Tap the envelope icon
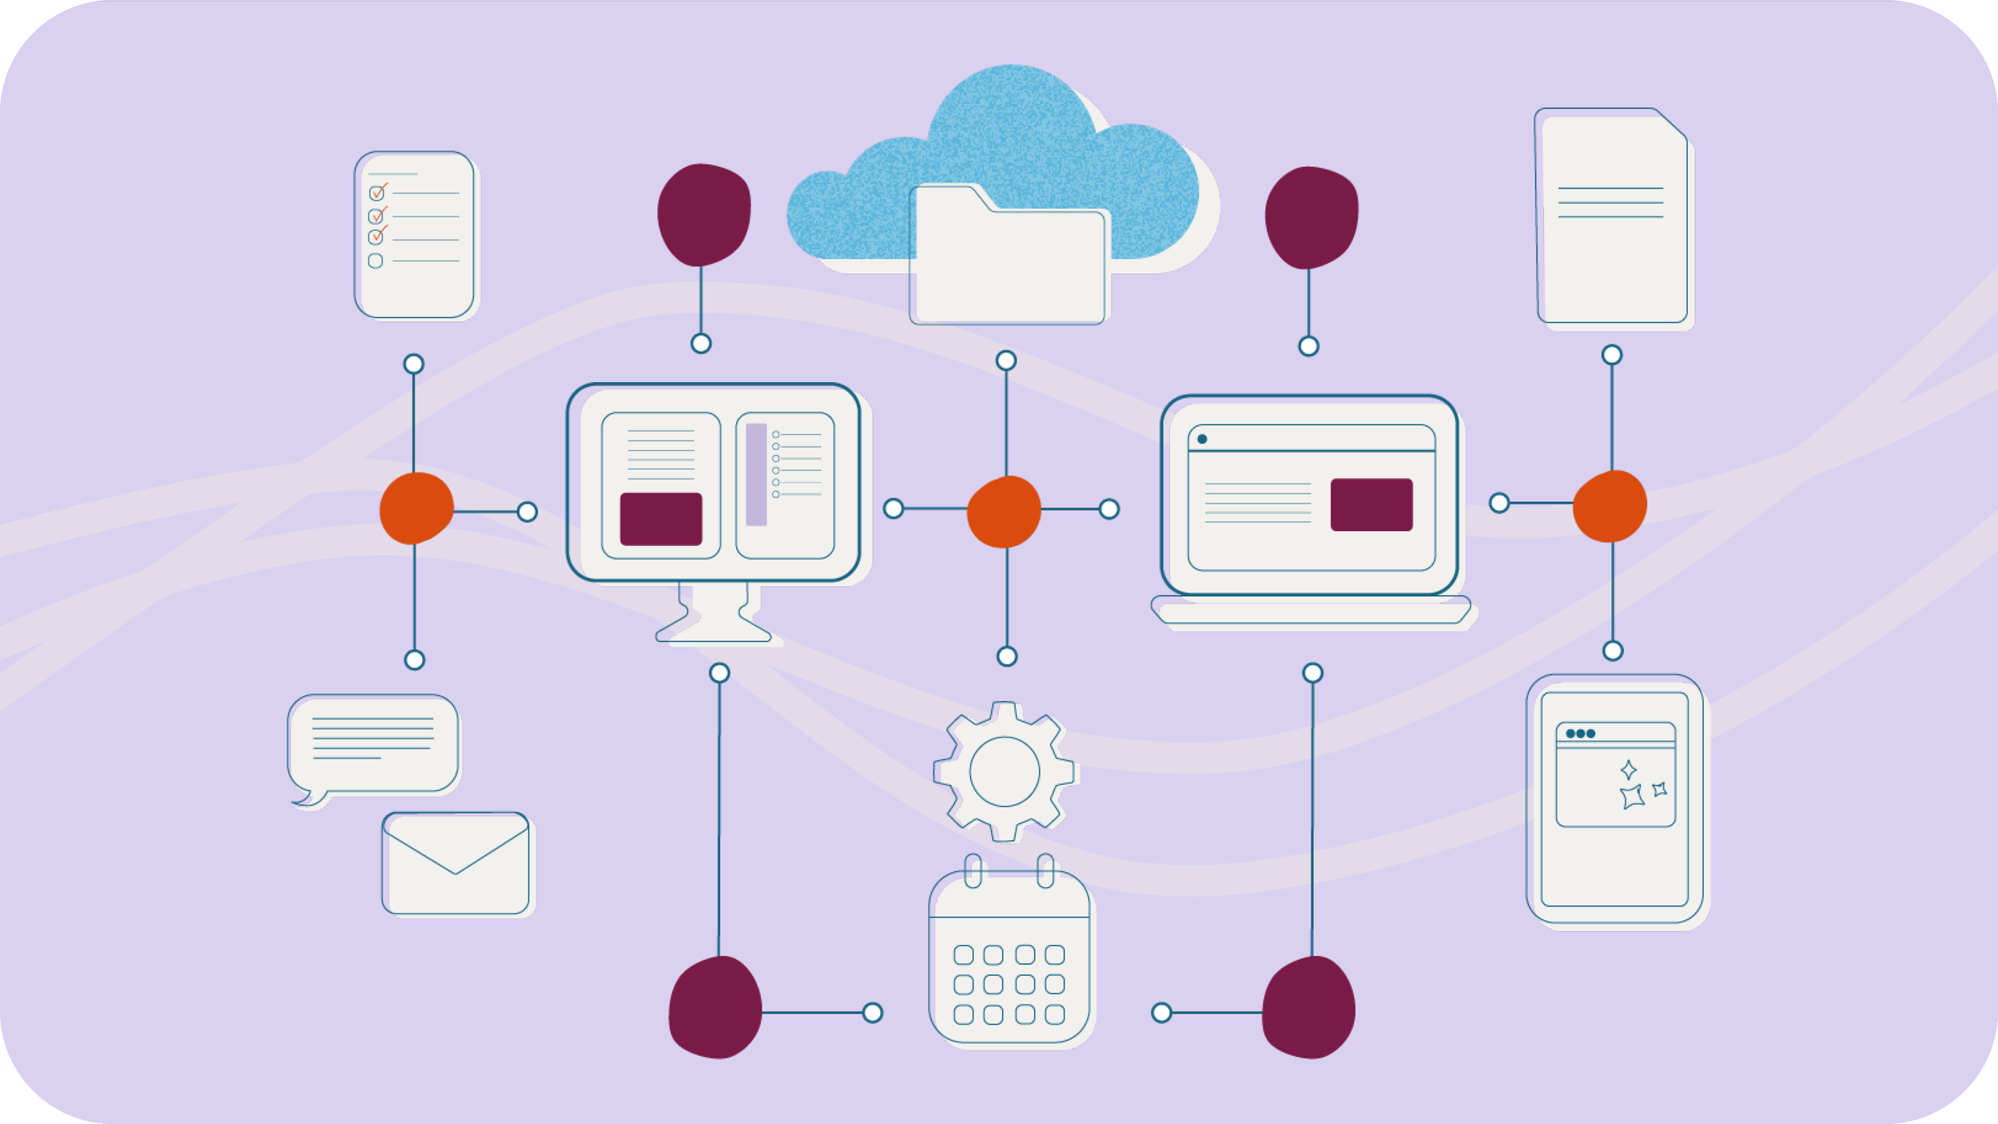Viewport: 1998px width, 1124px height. (456, 863)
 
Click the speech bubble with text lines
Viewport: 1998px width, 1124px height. (373, 743)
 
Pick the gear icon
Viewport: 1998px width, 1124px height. (1004, 772)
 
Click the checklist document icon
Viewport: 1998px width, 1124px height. (415, 234)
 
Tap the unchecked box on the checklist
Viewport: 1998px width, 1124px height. (376, 261)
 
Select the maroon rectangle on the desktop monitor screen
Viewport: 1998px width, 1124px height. (661, 519)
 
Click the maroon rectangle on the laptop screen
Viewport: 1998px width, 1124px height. (1371, 504)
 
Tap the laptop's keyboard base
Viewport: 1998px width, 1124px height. (1311, 612)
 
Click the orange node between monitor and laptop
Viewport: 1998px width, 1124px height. (1004, 512)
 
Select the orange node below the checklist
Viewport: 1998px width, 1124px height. (416, 508)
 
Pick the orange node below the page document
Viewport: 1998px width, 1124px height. (1610, 506)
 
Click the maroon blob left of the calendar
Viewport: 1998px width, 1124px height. (714, 1007)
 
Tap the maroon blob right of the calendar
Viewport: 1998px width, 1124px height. (1309, 1007)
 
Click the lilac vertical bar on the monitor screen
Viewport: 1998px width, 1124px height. (756, 474)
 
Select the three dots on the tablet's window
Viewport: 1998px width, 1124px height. (1580, 733)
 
